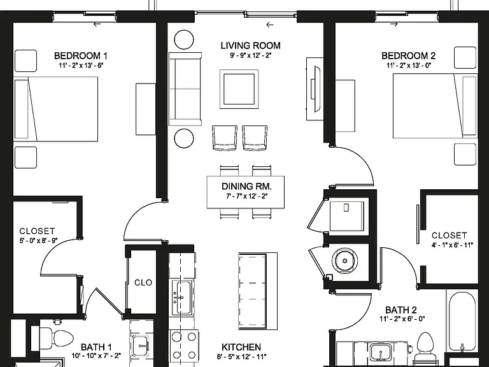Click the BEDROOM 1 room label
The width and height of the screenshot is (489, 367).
(80, 56)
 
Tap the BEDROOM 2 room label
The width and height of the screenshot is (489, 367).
(408, 56)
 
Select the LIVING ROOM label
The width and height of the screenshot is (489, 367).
(250, 46)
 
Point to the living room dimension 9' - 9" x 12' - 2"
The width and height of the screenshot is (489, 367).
(250, 56)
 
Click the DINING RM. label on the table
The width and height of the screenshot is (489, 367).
(246, 186)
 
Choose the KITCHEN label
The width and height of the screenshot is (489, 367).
(241, 347)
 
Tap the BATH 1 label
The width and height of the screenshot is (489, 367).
(96, 347)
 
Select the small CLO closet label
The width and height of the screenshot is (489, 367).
(143, 282)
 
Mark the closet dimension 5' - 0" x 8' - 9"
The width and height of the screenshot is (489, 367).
(39, 240)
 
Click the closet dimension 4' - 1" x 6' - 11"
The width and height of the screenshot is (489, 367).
(452, 245)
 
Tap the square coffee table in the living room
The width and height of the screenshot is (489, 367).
(239, 89)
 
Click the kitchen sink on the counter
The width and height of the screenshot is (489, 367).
(182, 297)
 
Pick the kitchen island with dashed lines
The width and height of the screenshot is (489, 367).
(258, 291)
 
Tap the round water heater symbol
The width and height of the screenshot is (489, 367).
(344, 261)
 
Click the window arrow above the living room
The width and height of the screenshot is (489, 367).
(270, 25)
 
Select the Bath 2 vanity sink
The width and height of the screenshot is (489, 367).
(381, 352)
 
